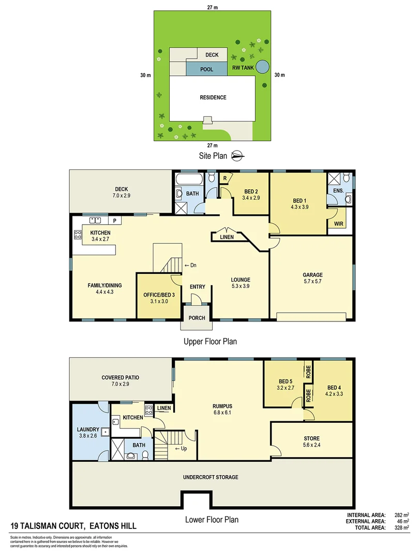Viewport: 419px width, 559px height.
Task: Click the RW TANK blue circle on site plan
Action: click(x=263, y=67)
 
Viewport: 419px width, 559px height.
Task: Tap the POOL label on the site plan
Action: click(x=207, y=69)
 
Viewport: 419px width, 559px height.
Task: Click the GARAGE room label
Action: click(x=312, y=275)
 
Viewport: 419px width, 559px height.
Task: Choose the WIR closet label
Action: click(x=339, y=224)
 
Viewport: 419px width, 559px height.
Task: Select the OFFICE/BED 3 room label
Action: click(x=156, y=295)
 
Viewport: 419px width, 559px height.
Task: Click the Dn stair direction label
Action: click(x=191, y=266)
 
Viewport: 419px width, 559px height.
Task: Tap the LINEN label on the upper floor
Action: click(x=227, y=237)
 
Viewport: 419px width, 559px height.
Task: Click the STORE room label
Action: click(x=311, y=438)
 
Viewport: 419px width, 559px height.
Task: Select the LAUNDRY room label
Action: click(x=87, y=429)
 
